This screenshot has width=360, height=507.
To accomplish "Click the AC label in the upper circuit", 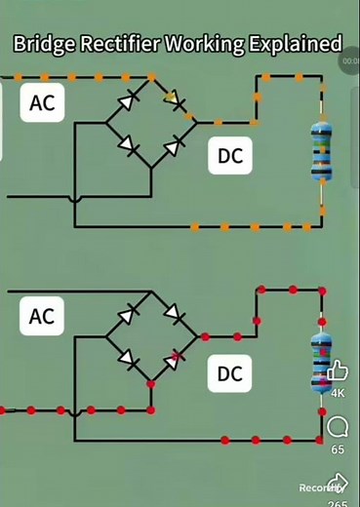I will [x=42, y=102].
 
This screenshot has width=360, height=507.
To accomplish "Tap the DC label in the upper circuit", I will [x=229, y=156].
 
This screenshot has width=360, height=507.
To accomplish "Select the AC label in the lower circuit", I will [x=42, y=317].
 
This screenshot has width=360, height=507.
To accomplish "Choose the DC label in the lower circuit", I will [x=229, y=373].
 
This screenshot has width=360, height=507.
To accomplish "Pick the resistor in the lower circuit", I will [x=320, y=361].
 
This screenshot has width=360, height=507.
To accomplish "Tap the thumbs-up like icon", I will [x=338, y=370].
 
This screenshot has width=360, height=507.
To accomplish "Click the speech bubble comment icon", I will [x=338, y=427].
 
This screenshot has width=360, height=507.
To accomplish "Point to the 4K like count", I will [x=338, y=393].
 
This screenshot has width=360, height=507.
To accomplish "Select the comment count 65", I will [x=338, y=450].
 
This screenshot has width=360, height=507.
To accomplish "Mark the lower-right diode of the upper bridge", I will [x=173, y=146].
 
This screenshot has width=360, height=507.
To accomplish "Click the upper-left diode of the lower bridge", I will [x=128, y=314].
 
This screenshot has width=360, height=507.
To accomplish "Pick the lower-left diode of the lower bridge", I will [x=127, y=359].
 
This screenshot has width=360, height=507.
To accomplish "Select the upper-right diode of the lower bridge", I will [x=173, y=313].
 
